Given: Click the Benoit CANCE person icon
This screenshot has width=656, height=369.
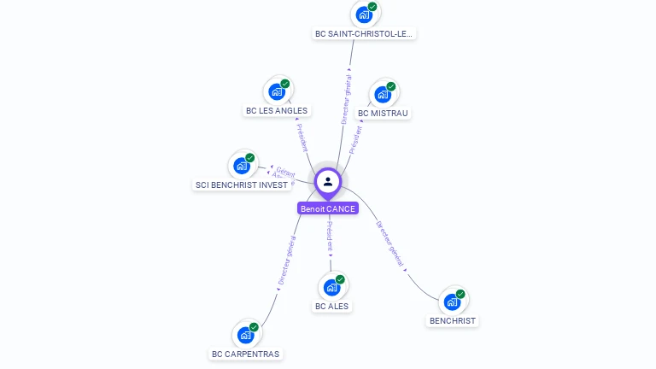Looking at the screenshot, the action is click(x=328, y=181).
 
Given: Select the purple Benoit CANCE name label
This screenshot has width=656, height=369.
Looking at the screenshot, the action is click(x=328, y=208).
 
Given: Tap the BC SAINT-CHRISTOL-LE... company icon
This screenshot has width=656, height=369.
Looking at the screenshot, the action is click(x=365, y=15).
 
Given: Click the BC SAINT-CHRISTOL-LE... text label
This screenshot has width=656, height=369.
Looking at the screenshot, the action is click(x=364, y=34).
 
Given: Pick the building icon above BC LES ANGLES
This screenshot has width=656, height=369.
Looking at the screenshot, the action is click(x=277, y=91).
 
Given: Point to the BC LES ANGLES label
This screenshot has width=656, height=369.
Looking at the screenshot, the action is click(x=277, y=110).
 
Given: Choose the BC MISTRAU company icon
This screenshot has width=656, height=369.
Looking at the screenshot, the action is click(x=383, y=93).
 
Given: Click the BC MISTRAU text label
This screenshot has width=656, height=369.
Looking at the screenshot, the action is click(x=383, y=113).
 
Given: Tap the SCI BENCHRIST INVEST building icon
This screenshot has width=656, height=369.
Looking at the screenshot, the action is click(x=242, y=165).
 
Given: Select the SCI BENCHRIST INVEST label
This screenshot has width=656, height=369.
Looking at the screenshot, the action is click(x=241, y=184).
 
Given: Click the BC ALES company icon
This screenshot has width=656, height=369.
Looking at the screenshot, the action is click(x=332, y=287).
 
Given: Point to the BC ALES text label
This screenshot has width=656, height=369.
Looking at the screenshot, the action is click(x=331, y=306).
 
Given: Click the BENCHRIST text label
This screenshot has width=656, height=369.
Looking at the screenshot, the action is click(x=453, y=320).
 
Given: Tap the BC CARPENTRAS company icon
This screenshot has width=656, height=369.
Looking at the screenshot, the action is click(x=246, y=334).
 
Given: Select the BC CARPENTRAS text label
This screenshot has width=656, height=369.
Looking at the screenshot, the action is click(x=245, y=354).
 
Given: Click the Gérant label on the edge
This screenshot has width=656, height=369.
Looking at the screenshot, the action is click(x=285, y=172).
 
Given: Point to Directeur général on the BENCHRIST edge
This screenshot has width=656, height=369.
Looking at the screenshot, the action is click(x=390, y=243).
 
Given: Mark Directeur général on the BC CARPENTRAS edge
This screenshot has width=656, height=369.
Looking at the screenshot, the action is click(x=286, y=261).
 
